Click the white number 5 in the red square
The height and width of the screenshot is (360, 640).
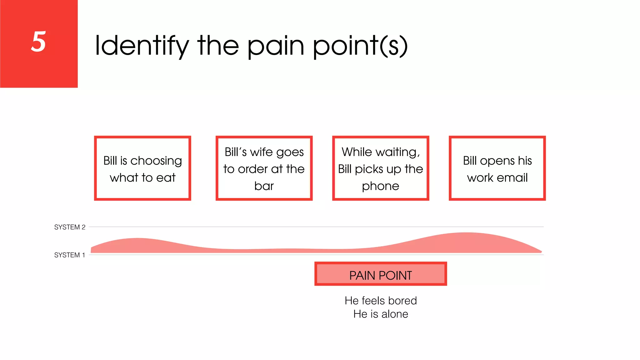pos(38,42)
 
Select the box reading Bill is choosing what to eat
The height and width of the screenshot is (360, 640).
pos(142,168)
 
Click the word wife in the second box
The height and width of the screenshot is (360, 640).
pos(261,152)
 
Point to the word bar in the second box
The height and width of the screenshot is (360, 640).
pos(264,186)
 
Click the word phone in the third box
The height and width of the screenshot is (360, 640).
pos(380,186)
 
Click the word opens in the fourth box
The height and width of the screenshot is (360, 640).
pos(497,161)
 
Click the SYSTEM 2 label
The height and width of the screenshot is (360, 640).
pos(70,227)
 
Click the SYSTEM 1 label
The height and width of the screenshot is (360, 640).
pos(69,255)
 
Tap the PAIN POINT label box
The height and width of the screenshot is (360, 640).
pos(380,274)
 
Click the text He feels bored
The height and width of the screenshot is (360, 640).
pos(380,301)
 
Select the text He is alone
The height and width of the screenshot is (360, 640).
pos(380,314)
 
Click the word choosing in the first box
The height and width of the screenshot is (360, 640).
pos(156,161)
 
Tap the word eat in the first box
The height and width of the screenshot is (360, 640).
pos(166,178)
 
